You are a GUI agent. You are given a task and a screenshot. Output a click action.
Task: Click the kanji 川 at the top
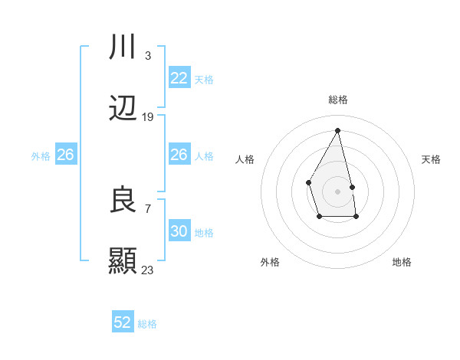[123, 47]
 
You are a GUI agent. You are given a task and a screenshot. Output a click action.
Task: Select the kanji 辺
[123, 110]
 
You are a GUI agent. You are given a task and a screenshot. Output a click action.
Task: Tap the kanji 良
[123, 200]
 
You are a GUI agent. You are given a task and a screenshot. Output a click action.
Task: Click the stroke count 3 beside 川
[147, 55]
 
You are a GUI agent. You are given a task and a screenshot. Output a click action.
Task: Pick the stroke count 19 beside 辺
[148, 117]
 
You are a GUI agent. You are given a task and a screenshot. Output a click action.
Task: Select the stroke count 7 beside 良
[147, 208]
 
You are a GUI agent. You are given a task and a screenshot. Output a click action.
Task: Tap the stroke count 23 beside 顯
[148, 270]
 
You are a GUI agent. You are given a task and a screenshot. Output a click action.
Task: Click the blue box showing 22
[179, 78]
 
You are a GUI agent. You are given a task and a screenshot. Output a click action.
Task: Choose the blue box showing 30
[179, 231]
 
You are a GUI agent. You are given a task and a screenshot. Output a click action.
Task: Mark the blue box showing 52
[123, 322]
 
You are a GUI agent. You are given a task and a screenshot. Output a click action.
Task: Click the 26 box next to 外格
[65, 155]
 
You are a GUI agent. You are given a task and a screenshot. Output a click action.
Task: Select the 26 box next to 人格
[179, 155]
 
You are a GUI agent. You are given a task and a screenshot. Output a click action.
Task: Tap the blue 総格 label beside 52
[147, 324]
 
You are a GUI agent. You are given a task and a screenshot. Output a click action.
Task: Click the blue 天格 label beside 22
[203, 79]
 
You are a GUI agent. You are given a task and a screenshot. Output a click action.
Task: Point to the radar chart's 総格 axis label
[338, 100]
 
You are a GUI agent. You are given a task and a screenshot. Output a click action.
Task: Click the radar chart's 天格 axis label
[432, 159]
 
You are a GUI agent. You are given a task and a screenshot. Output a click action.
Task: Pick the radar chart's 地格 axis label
[402, 262]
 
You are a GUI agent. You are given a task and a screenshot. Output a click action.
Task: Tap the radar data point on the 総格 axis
[337, 130]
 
